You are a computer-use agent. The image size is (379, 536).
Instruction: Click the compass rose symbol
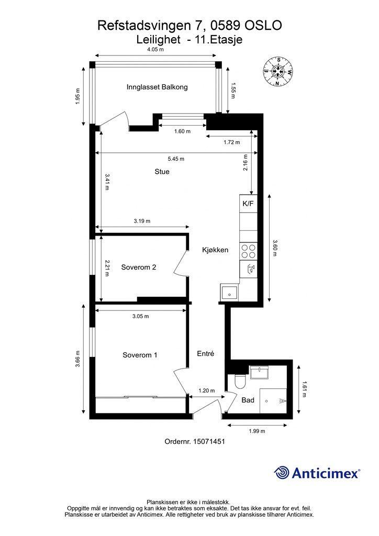pos(278,71)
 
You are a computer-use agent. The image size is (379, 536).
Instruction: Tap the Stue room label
pos(162,172)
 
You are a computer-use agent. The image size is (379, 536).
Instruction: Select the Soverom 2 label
pos(138,267)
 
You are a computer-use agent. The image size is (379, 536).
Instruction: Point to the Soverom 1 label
pos(140,355)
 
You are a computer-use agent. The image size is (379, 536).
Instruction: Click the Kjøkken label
pos(215,250)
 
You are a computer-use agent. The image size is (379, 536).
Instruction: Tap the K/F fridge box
pos(248,204)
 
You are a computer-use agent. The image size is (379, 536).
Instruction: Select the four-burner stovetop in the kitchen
pos(249,251)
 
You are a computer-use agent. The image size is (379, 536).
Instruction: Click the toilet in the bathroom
pos(240,381)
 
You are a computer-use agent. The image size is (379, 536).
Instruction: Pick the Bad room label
pos(248,400)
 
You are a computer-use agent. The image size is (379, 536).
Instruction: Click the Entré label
pos(205,354)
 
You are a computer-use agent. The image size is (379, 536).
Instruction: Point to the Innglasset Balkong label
pos(157,87)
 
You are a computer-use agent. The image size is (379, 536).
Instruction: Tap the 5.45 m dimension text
pos(176,159)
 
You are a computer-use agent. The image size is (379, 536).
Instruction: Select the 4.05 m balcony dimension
pos(155,49)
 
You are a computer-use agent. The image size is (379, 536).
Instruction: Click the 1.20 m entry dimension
pos(207,390)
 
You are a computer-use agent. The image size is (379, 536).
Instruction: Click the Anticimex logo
pos(317,473)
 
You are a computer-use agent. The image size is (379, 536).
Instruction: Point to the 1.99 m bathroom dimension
pos(257,431)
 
